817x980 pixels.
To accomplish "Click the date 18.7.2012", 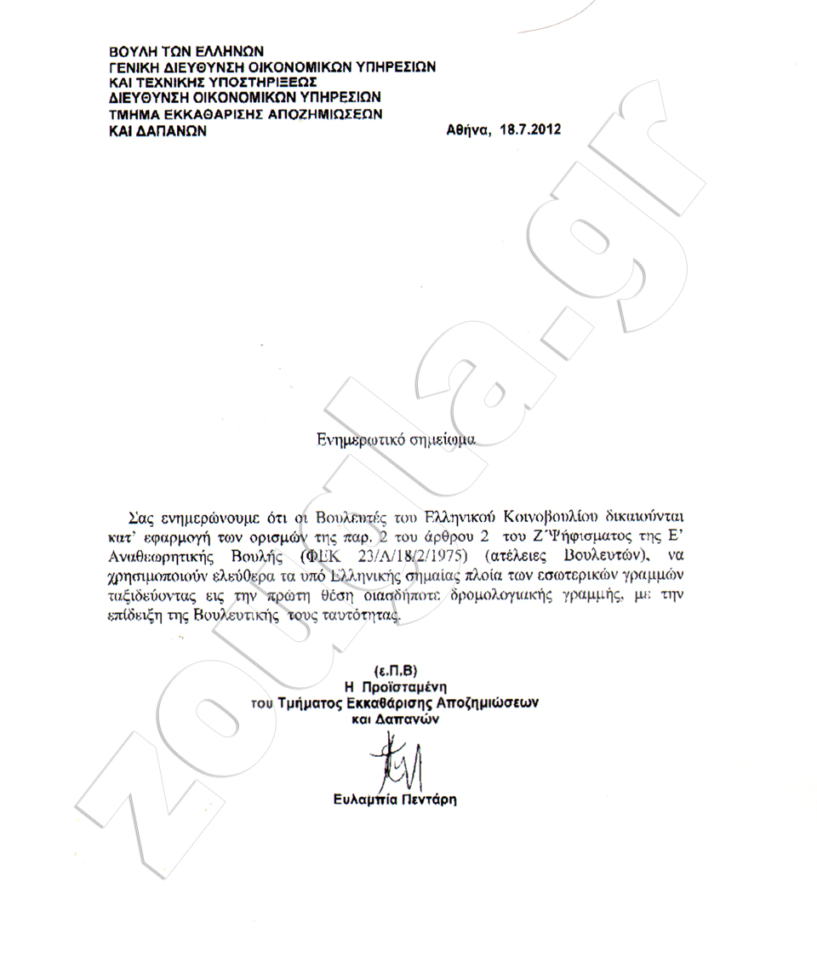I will [529, 131].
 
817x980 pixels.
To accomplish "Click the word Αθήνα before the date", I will [465, 131].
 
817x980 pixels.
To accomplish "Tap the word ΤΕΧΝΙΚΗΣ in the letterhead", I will [171, 82].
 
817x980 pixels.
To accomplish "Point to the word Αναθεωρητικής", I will [160, 556].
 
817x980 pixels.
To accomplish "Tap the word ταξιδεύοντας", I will [159, 597].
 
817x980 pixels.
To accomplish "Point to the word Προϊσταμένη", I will [406, 685].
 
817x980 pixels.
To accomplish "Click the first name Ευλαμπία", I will [363, 800].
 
